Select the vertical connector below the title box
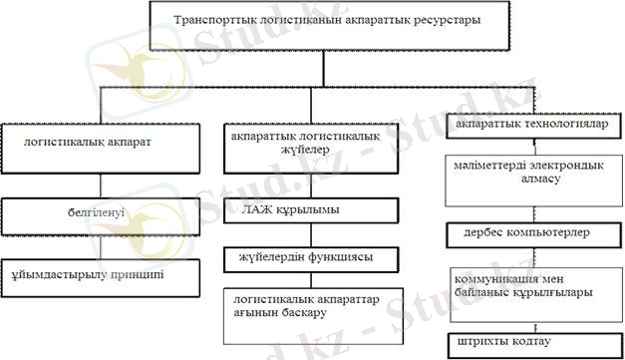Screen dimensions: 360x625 click(325, 65)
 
